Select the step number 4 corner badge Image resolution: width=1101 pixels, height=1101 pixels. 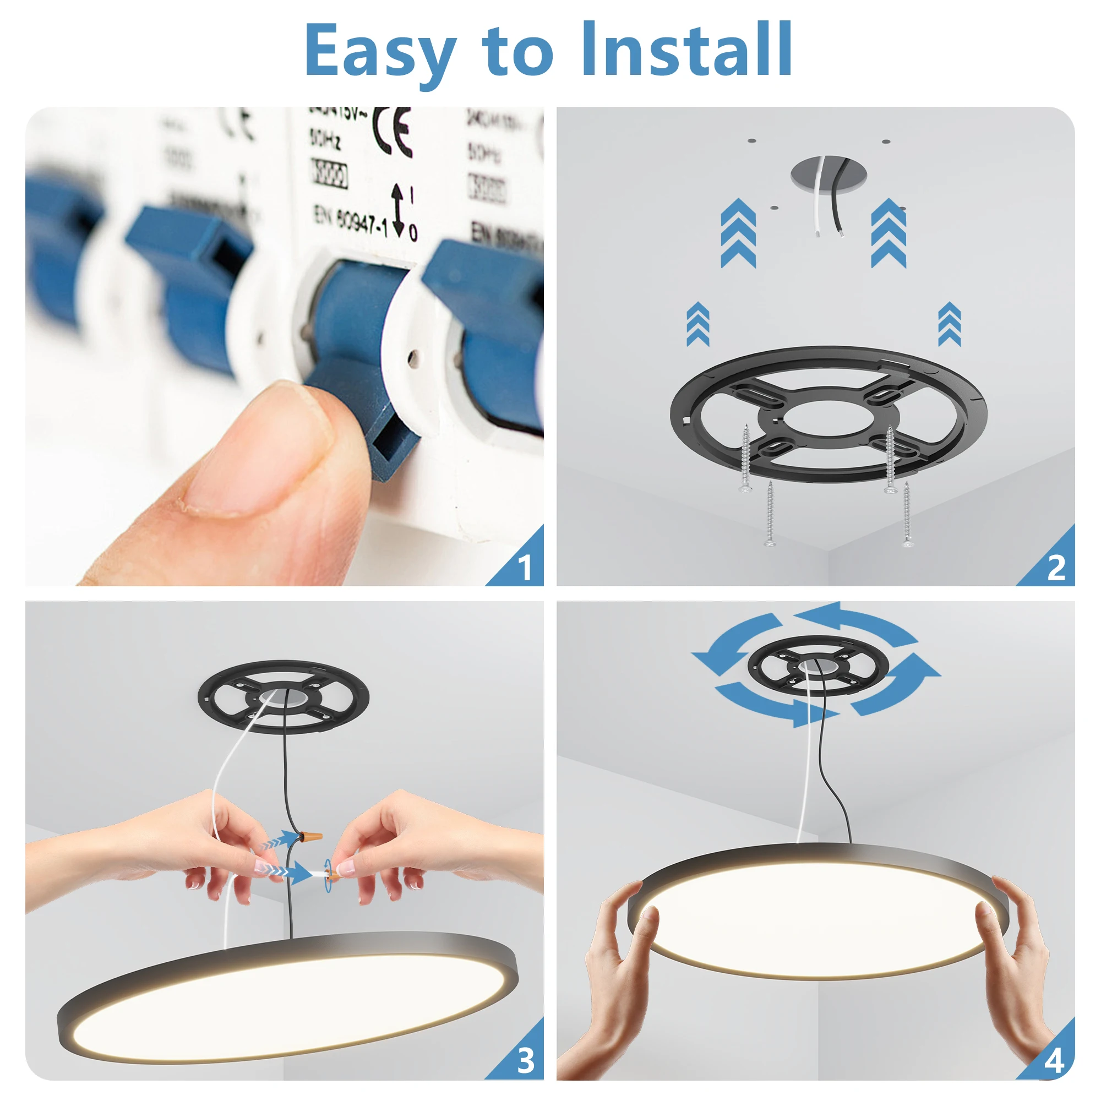click(1055, 1060)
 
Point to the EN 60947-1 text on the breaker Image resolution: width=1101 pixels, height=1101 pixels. click(351, 220)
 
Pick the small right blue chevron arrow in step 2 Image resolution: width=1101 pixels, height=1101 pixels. click(949, 324)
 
